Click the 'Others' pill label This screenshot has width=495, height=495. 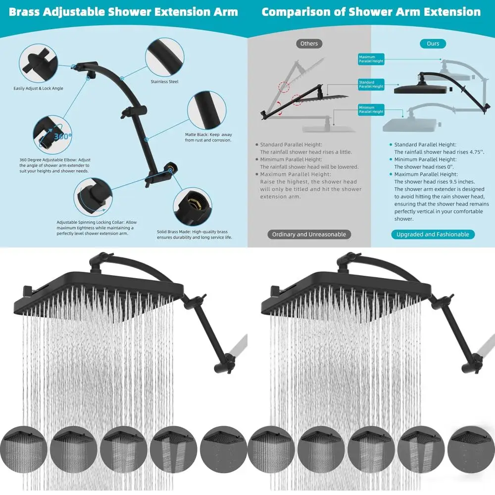click(x=309, y=44)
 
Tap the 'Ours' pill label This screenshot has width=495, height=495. click(x=433, y=44)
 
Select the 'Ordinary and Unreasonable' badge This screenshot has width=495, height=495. click(x=309, y=234)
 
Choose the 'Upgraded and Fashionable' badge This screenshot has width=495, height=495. click(x=433, y=234)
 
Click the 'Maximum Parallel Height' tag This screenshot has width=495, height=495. click(x=371, y=59)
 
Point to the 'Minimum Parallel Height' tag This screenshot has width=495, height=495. click(x=371, y=109)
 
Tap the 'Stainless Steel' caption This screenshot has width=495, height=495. click(x=164, y=82)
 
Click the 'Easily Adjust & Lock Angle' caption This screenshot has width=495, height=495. click(x=38, y=89)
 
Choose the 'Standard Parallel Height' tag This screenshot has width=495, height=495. click(x=371, y=84)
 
